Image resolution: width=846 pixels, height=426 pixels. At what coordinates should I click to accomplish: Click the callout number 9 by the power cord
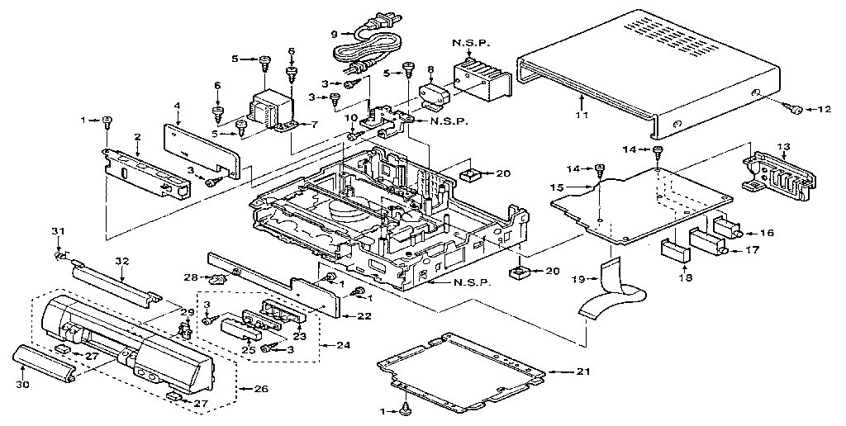tap(335, 34)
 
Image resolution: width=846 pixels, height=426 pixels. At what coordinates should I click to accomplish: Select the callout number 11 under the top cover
tap(582, 117)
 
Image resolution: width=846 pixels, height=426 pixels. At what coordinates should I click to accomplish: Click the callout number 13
tap(782, 146)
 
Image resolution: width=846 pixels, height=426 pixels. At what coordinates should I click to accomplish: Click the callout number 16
tap(767, 234)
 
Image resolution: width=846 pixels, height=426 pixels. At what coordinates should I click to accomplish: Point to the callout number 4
tap(177, 106)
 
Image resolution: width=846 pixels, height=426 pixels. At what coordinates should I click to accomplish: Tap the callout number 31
tap(57, 230)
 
